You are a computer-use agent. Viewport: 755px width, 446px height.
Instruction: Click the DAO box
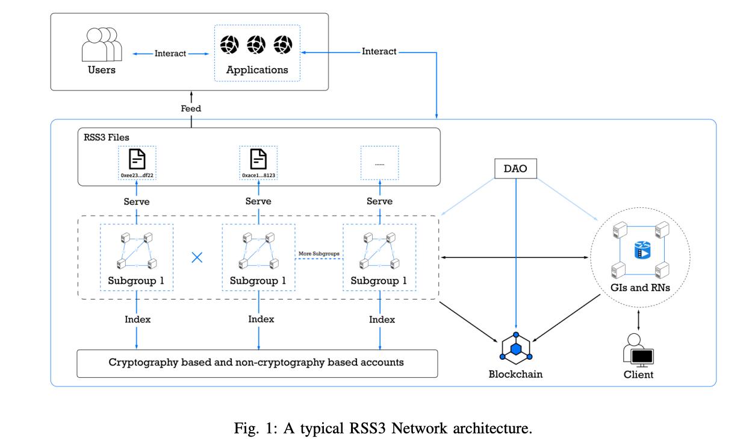click(515, 168)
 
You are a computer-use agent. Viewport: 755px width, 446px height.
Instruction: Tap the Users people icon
click(102, 44)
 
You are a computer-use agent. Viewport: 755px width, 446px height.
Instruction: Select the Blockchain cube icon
click(516, 348)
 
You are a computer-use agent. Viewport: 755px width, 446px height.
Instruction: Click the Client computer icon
click(638, 351)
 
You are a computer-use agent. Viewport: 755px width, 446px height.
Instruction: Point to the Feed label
click(191, 108)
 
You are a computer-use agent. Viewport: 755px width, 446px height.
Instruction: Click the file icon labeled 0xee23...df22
click(137, 159)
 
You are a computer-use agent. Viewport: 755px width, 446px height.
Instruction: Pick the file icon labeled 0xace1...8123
click(258, 159)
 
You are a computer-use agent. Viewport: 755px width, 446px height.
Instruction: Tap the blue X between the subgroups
click(197, 257)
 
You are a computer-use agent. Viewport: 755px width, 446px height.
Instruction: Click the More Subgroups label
click(319, 253)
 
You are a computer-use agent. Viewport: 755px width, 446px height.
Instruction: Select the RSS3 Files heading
click(106, 137)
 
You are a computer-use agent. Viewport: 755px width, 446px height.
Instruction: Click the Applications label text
click(257, 70)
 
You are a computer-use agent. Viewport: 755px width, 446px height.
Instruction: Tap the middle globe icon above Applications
click(256, 45)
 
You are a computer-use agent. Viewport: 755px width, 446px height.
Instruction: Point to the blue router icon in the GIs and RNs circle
click(642, 250)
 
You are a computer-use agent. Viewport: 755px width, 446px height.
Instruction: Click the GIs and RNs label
click(640, 287)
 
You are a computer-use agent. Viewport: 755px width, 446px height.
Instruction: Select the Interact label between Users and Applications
click(170, 53)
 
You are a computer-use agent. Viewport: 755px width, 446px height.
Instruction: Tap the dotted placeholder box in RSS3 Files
click(379, 163)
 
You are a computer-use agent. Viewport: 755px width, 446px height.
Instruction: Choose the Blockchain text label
click(516, 374)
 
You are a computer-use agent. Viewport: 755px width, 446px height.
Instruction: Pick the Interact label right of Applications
click(379, 51)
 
